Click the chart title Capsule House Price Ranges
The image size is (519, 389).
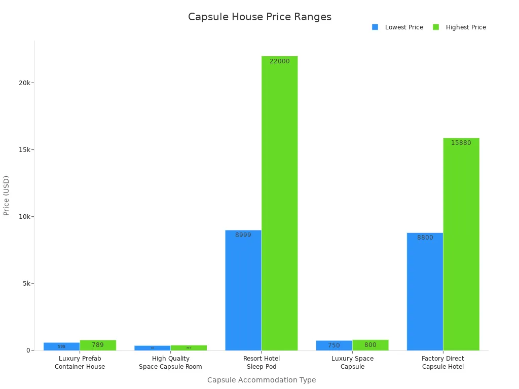coord(259,17)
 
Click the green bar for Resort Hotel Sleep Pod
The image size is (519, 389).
coord(280,203)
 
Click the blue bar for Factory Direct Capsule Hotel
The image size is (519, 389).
coord(425,292)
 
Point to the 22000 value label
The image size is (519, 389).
coord(280,61)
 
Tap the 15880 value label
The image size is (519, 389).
coord(461,143)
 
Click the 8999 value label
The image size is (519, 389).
coord(243,235)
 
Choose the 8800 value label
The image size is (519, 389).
coord(425,238)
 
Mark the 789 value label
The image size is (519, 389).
coord(98,345)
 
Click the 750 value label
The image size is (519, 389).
coord(334,345)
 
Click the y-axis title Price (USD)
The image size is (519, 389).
coord(7,196)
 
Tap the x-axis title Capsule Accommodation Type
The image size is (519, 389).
coord(262,380)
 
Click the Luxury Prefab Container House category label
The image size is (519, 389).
coord(80,363)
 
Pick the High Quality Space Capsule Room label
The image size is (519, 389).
coord(170,363)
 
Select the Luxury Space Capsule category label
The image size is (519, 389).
coord(352,363)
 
